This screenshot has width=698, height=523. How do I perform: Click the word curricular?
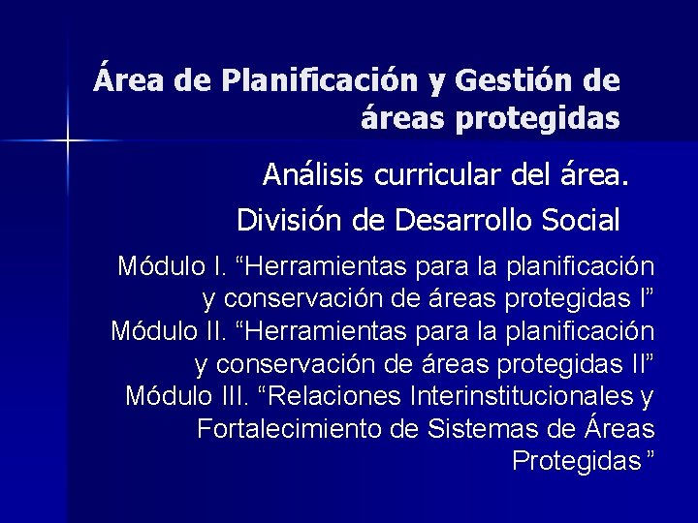[x=423, y=176]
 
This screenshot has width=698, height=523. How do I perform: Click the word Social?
[x=580, y=220]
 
